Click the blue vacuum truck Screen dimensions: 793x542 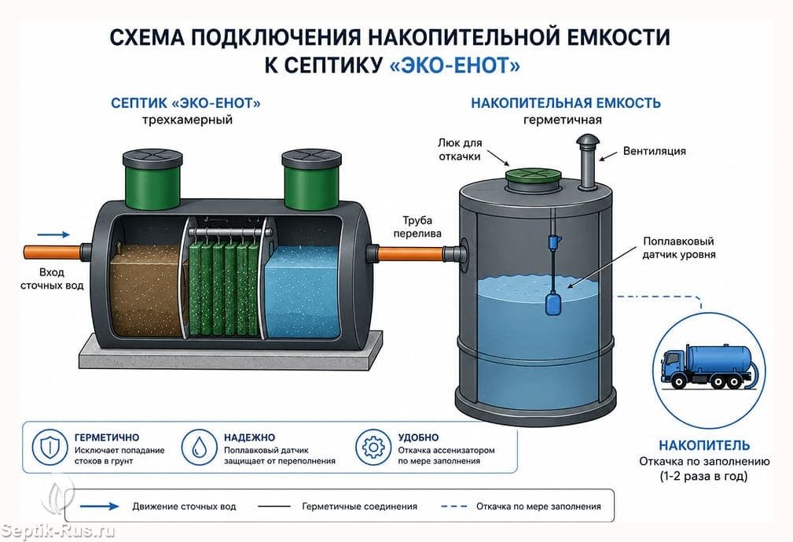tap(708, 366)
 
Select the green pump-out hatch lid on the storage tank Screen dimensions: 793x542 tap(534, 175)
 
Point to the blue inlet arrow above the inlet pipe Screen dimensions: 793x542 tap(53, 234)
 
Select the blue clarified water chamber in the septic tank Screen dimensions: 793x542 tap(302, 292)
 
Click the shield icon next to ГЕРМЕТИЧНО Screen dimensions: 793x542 tap(50, 448)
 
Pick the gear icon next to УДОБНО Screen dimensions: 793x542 tap(373, 448)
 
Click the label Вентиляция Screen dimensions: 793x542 tap(655, 151)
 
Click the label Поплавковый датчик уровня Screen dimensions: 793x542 tap(679, 248)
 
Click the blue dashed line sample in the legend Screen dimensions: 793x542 tap(453, 506)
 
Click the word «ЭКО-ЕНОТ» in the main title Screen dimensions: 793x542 tap(456, 65)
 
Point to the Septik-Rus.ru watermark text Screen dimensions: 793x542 tap(57, 530)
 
